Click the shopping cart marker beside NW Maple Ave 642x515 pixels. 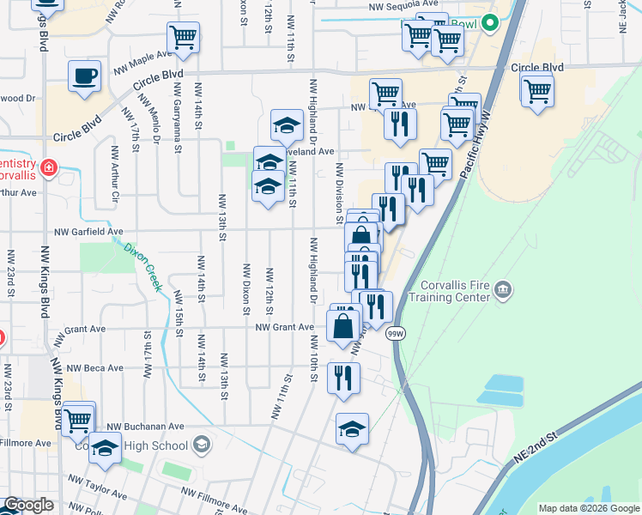click(x=183, y=39)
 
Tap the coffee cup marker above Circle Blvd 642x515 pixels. click(x=84, y=76)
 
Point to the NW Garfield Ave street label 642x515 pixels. click(x=89, y=232)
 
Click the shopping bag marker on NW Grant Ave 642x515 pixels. click(x=343, y=327)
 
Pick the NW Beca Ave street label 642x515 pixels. click(x=95, y=368)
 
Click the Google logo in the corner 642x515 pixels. click(x=28, y=505)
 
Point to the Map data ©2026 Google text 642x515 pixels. click(x=589, y=508)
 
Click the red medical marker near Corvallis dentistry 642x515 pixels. click(x=48, y=165)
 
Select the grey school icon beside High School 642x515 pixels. click(x=201, y=444)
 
